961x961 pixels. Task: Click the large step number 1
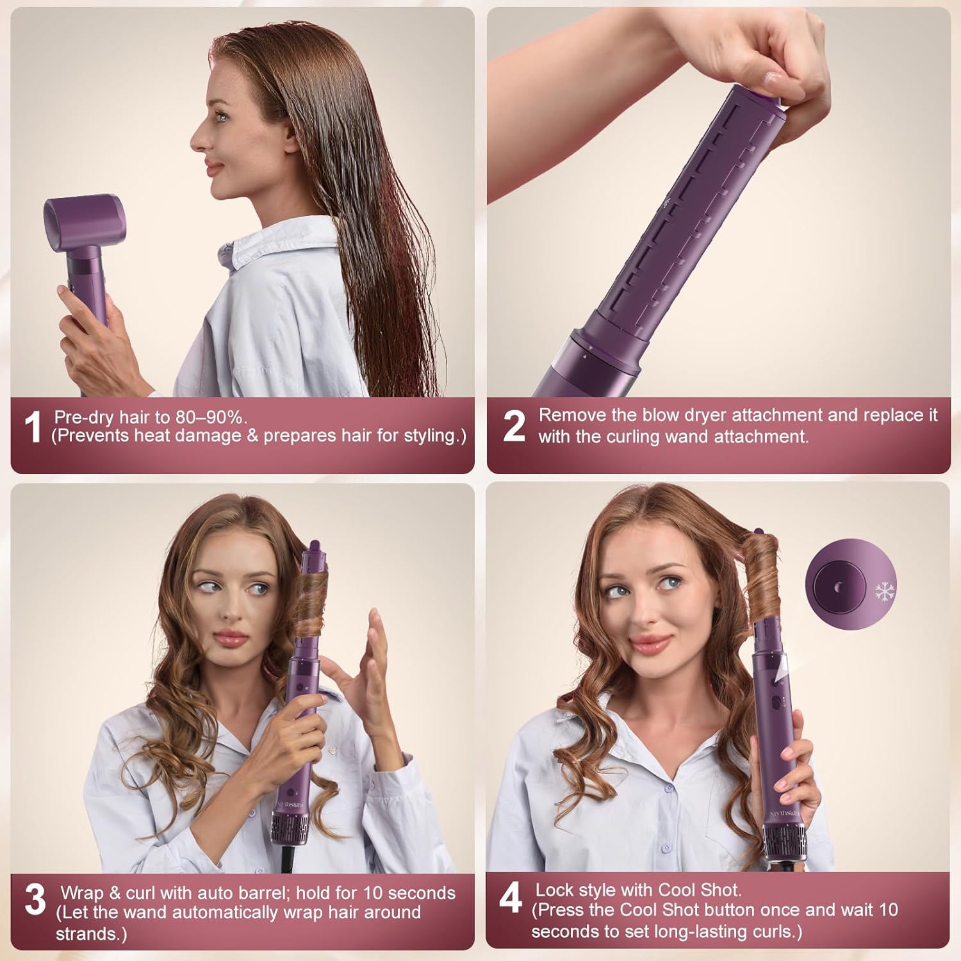[32, 427]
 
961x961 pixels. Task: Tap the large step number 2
[514, 426]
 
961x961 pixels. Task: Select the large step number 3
[35, 899]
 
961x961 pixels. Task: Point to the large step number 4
[511, 898]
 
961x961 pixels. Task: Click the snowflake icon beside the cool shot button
[885, 591]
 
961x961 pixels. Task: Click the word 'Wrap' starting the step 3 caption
[81, 892]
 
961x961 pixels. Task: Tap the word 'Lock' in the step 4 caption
[555, 890]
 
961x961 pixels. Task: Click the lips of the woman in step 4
[650, 643]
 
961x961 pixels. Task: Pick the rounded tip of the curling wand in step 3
[315, 546]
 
